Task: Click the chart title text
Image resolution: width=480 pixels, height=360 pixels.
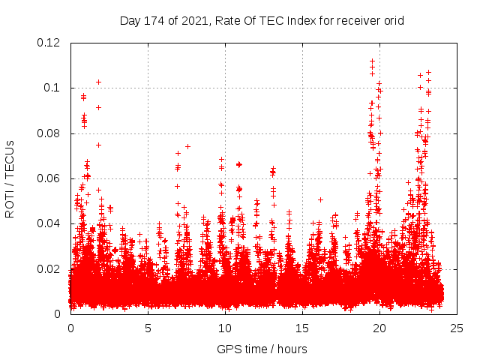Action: pyautogui.click(x=262, y=21)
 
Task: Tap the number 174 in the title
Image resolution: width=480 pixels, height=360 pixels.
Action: pyautogui.click(x=154, y=21)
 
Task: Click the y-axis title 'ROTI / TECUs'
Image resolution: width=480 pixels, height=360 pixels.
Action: pyautogui.click(x=10, y=178)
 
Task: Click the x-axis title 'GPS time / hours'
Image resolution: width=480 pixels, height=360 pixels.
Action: pyautogui.click(x=262, y=349)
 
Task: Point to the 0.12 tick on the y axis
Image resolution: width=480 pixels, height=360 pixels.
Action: pyautogui.click(x=49, y=43)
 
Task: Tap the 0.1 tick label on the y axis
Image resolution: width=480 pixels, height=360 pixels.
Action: pyautogui.click(x=52, y=88)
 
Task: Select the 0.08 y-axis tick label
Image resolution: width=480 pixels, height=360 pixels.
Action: pyautogui.click(x=49, y=133)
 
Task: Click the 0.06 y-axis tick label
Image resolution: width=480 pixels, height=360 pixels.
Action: pyautogui.click(x=49, y=178)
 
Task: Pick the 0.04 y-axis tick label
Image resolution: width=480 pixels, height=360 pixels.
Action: pyautogui.click(x=49, y=223)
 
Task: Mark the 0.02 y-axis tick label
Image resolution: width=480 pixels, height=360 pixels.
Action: pyautogui.click(x=49, y=268)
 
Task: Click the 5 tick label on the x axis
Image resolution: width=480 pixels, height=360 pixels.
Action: pyautogui.click(x=148, y=328)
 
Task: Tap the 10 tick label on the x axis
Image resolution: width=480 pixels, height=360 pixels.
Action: pyautogui.click(x=225, y=328)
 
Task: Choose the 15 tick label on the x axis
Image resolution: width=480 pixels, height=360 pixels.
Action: pyautogui.click(x=302, y=328)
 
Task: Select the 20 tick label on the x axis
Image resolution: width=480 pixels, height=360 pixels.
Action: pyautogui.click(x=379, y=328)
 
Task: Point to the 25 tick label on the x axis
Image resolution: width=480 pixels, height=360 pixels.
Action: pyautogui.click(x=457, y=328)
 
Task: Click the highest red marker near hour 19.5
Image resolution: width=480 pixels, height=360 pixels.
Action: pyautogui.click(x=372, y=61)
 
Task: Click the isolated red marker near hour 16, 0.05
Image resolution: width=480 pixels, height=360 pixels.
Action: pyautogui.click(x=320, y=199)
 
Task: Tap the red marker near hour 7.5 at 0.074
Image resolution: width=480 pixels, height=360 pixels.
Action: pyautogui.click(x=187, y=146)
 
